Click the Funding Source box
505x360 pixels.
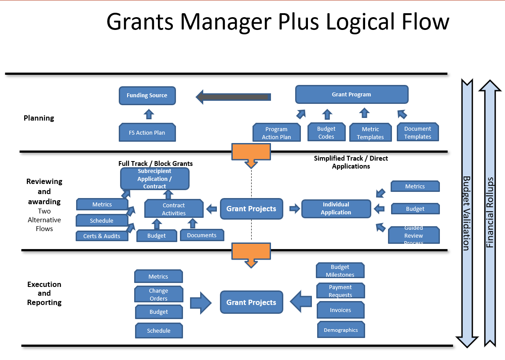click(147, 96)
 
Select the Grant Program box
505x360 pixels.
click(351, 95)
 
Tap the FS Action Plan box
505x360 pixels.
click(147, 132)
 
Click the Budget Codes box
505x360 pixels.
click(326, 132)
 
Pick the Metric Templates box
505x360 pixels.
click(370, 133)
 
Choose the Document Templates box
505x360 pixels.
click(417, 132)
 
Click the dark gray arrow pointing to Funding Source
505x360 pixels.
click(233, 97)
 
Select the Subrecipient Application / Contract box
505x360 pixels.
click(154, 179)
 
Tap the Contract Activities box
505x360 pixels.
click(174, 209)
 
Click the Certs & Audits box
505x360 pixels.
click(102, 236)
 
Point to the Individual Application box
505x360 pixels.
click(336, 209)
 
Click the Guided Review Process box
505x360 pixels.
click(414, 235)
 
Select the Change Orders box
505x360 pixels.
click(158, 294)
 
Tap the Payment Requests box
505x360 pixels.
click(340, 291)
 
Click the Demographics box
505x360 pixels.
click(341, 330)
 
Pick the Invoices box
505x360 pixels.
click(340, 310)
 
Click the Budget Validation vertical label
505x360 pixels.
click(466, 213)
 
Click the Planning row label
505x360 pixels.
click(39, 118)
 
